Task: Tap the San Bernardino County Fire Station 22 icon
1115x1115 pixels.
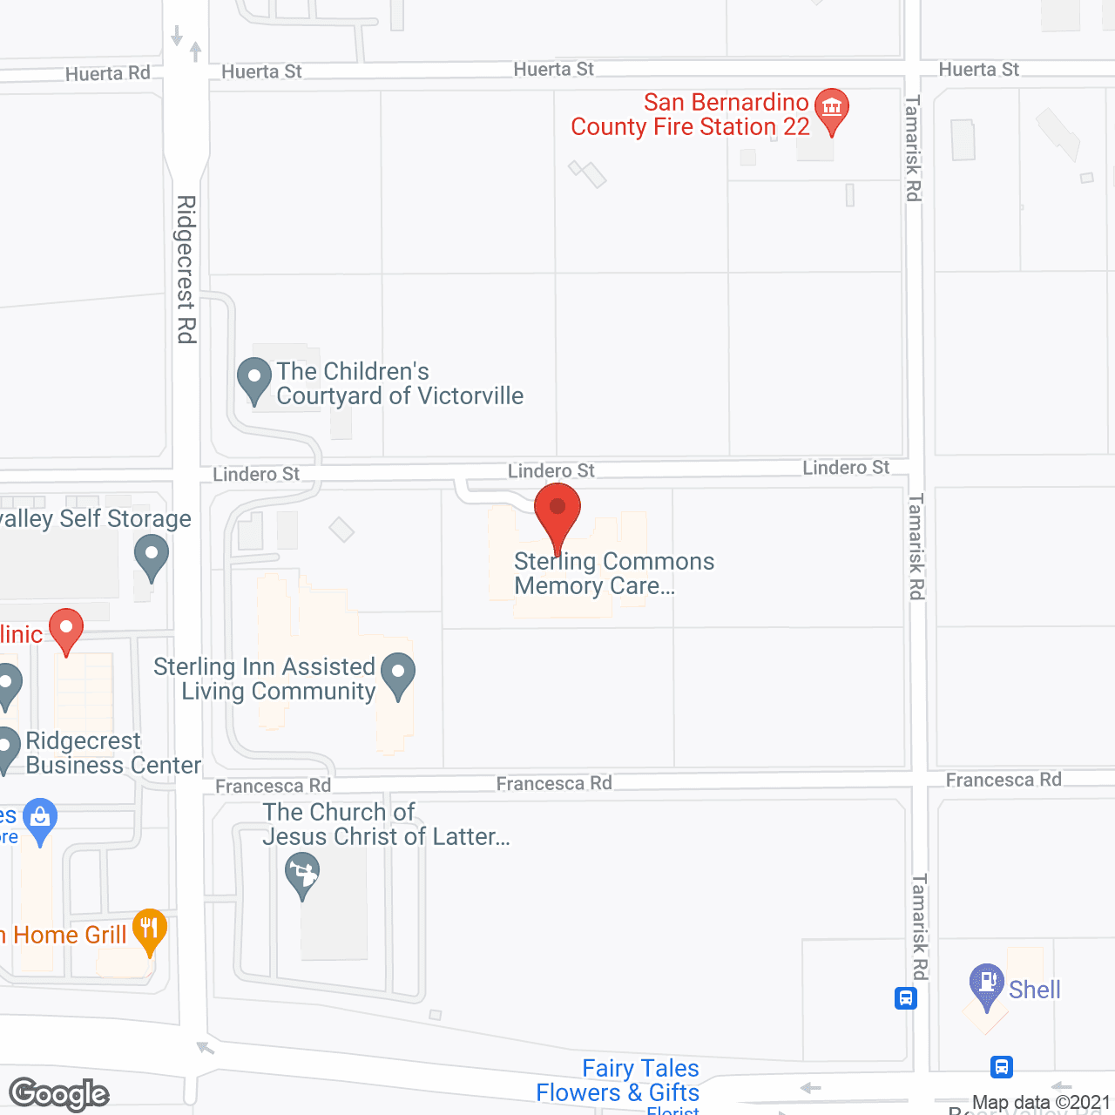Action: coord(832,110)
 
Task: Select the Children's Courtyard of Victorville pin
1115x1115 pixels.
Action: coord(254,380)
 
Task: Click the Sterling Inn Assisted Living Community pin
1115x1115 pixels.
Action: coord(398,674)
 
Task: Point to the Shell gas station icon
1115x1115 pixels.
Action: coord(987,983)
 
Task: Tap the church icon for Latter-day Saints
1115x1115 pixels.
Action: coord(302,874)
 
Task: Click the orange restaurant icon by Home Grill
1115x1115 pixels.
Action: coord(150,929)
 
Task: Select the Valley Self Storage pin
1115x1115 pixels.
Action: coord(152,555)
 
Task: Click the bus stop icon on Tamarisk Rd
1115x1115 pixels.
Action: coord(906,997)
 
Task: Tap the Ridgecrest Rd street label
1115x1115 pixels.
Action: coord(186,269)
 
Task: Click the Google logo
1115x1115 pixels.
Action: coord(59,1094)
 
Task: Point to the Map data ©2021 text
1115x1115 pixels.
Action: coord(1041,1103)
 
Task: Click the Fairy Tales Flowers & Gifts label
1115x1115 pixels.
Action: coord(618,1080)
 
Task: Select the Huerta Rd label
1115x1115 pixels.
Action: coord(108,74)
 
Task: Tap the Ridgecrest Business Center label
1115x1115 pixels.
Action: coord(113,753)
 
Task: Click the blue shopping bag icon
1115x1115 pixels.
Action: coord(40,819)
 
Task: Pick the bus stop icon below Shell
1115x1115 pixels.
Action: coord(1002,1066)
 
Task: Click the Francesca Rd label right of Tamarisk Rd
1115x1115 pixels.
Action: coord(1003,780)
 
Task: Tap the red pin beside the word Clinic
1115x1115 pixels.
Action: coord(66,629)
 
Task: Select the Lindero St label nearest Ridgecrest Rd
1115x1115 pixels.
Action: coord(256,474)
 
